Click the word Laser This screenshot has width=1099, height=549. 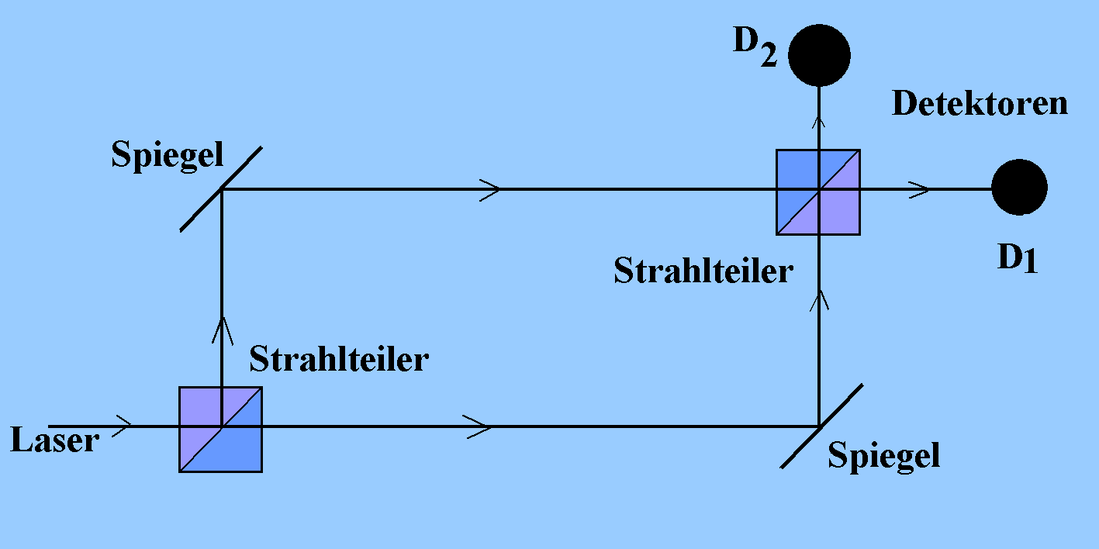tap(55, 440)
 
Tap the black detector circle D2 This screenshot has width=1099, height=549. tap(819, 54)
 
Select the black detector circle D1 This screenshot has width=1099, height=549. tap(1019, 188)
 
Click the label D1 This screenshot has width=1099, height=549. tap(1017, 260)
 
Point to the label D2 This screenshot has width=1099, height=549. tap(755, 48)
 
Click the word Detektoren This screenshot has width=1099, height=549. tap(980, 103)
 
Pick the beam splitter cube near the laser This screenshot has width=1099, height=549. tap(221, 429)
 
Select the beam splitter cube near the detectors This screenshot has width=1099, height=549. tap(818, 192)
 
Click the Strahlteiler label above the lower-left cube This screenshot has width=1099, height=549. tap(338, 360)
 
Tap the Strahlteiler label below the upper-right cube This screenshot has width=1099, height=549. tap(703, 271)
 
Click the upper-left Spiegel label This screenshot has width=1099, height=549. tap(167, 155)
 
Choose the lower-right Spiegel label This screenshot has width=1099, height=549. tap(883, 455)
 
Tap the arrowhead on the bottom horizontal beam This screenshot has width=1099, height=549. tap(480, 426)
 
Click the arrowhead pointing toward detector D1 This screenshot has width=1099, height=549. tap(921, 188)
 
